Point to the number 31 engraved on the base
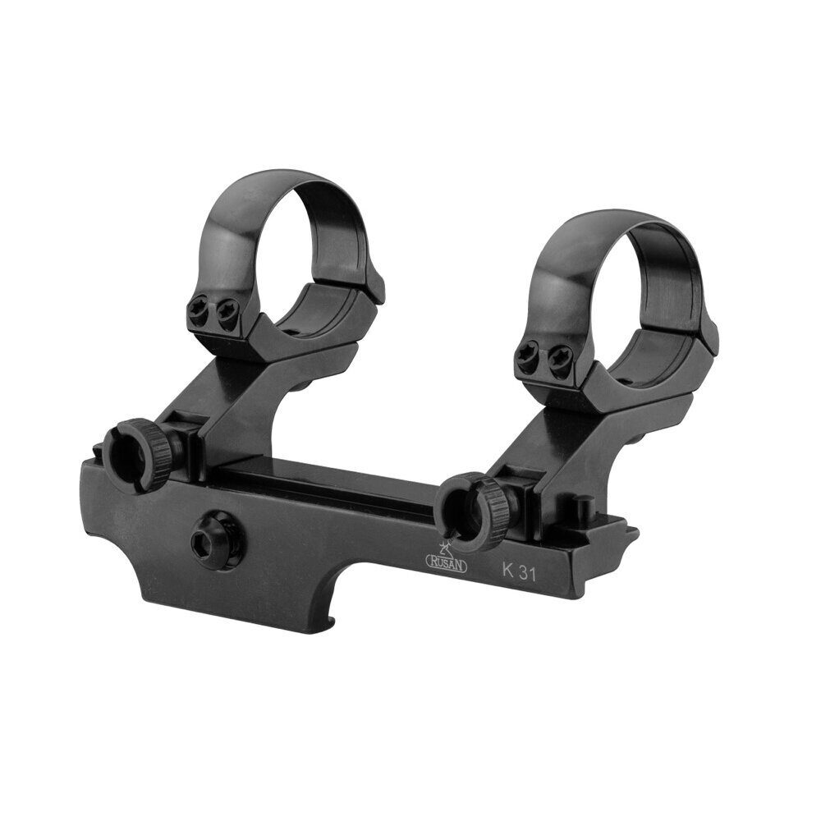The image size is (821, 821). (x=527, y=575)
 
